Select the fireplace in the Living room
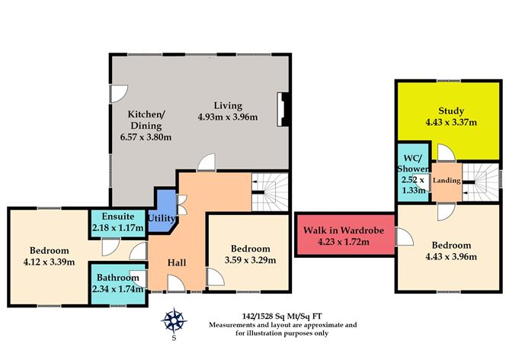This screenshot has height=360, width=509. coord(283,108)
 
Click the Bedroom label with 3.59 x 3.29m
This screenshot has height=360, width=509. coord(250,249)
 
